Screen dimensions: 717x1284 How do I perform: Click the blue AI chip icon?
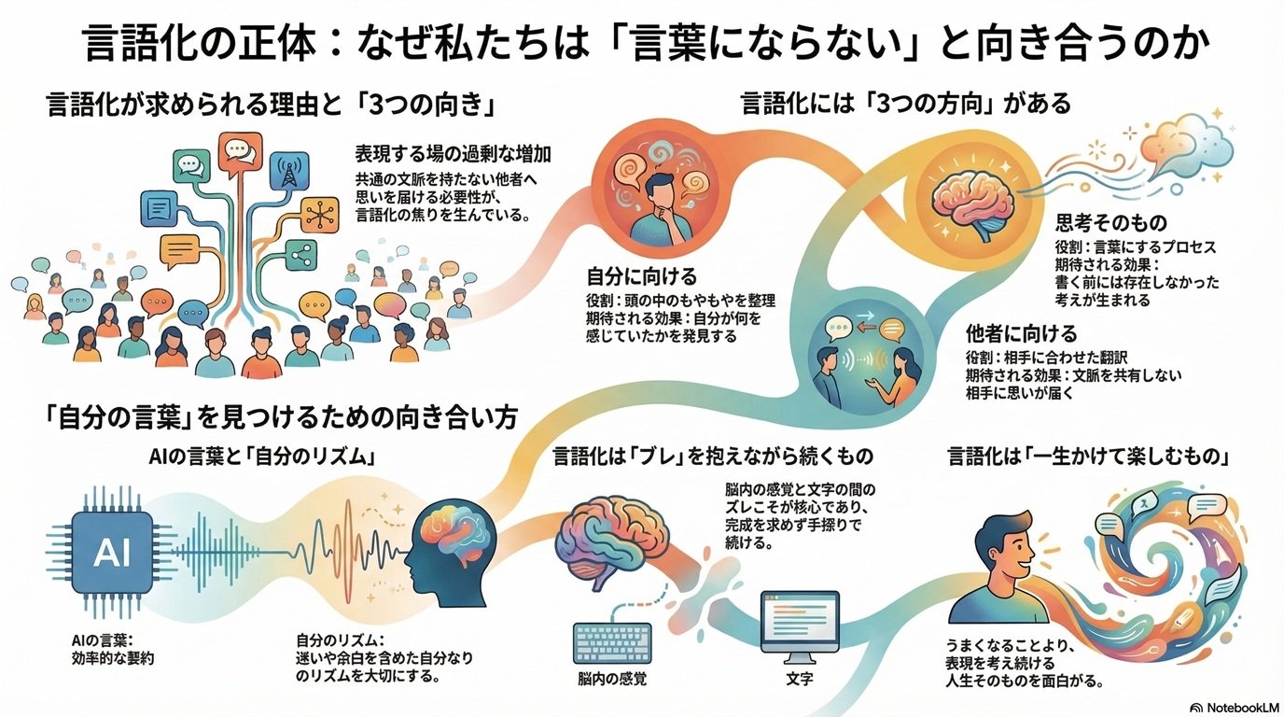click(112, 553)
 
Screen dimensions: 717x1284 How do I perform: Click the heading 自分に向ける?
click(629, 276)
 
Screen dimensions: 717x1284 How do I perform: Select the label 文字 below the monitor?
click(800, 680)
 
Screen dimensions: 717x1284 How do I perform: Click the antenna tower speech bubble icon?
click(288, 173)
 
